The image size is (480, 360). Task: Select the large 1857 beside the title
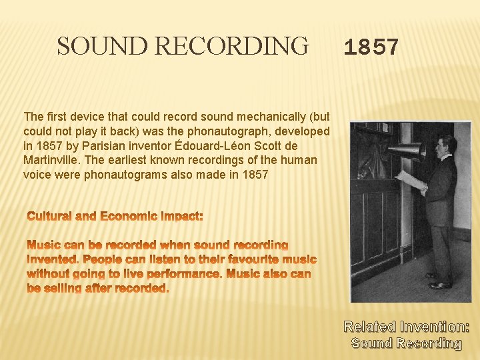(x=371, y=48)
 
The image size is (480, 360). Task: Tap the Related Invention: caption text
(x=406, y=327)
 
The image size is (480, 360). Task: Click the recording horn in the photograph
(x=407, y=152)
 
